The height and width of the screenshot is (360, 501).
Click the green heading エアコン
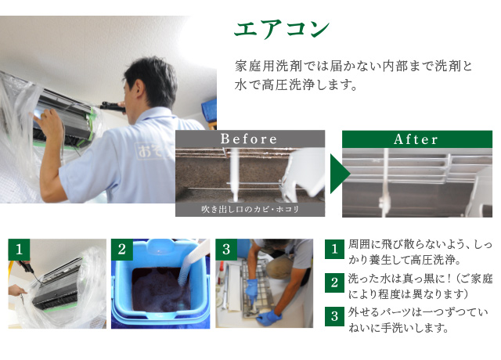[282, 29]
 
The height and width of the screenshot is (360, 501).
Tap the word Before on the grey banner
[249, 139]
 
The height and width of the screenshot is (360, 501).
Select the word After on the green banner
[416, 139]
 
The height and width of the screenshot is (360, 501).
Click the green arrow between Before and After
[341, 174]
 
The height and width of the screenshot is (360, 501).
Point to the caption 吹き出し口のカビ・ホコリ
[250, 209]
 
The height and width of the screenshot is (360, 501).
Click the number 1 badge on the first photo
[19, 250]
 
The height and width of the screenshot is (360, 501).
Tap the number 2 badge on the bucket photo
[122, 250]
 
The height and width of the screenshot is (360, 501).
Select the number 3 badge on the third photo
[226, 250]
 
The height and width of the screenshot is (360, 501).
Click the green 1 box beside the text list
[334, 249]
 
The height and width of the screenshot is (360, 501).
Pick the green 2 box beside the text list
[334, 283]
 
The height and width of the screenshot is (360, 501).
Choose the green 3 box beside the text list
[334, 316]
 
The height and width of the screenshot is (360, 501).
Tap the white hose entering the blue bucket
[193, 262]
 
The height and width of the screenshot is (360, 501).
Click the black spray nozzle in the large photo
[112, 106]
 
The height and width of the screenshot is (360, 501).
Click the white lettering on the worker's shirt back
[151, 150]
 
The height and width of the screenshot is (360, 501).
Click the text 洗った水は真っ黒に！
[399, 279]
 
